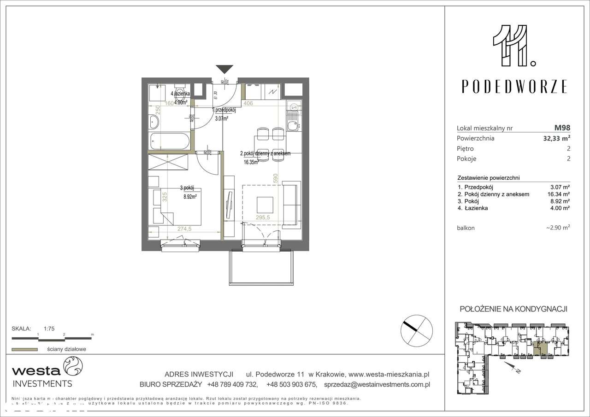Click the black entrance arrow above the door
point(224,69)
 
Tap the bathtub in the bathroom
point(170,141)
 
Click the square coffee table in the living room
point(265,204)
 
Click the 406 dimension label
point(248,103)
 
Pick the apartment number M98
point(562,128)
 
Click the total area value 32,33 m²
point(555,138)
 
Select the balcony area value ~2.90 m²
point(558,228)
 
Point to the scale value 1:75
point(49,329)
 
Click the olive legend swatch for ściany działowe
point(24,349)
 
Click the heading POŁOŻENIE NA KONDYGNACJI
point(513,309)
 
